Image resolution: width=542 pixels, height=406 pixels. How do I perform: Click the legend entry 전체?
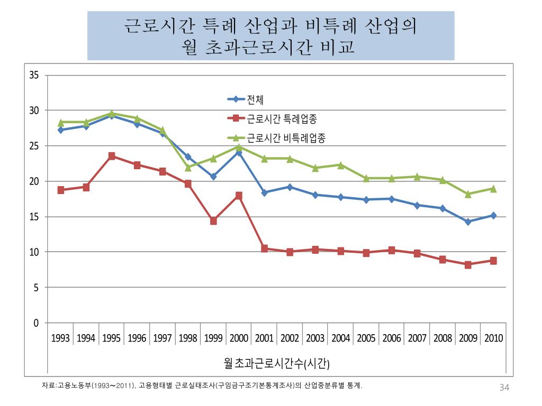[255, 99]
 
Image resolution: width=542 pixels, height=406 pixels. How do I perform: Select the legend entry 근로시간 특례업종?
[286, 118]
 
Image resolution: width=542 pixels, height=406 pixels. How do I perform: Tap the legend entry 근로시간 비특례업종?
[286, 139]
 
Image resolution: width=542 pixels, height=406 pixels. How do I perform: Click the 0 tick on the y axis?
[36, 323]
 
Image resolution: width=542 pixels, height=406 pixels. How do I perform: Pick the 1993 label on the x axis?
[60, 338]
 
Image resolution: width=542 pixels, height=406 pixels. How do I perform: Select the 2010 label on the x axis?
[493, 338]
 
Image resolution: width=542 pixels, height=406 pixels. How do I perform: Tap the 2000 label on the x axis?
[239, 338]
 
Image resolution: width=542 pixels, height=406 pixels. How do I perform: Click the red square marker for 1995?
[112, 156]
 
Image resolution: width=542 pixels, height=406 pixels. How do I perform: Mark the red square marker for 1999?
[213, 221]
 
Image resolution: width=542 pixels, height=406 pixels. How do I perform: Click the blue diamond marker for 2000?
[239, 152]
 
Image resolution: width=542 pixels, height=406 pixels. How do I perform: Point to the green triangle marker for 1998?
[188, 168]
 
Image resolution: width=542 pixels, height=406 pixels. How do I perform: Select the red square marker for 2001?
[264, 248]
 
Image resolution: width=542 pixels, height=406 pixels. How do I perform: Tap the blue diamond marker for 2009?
[468, 222]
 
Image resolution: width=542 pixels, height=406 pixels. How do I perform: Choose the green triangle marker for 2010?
[493, 189]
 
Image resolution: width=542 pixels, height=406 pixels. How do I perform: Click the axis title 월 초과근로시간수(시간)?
[277, 363]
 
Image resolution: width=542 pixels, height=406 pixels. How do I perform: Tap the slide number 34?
[504, 389]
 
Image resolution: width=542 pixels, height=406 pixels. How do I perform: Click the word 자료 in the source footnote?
[48, 386]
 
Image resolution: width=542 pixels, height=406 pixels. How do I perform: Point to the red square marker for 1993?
[61, 190]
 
